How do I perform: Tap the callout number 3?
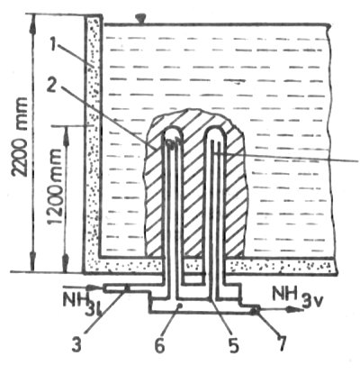pyautogui.click(x=76, y=344)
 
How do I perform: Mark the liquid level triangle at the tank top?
pyautogui.click(x=140, y=20)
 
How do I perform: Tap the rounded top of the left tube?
pyautogui.click(x=172, y=131)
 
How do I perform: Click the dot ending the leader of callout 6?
pyautogui.click(x=180, y=306)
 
